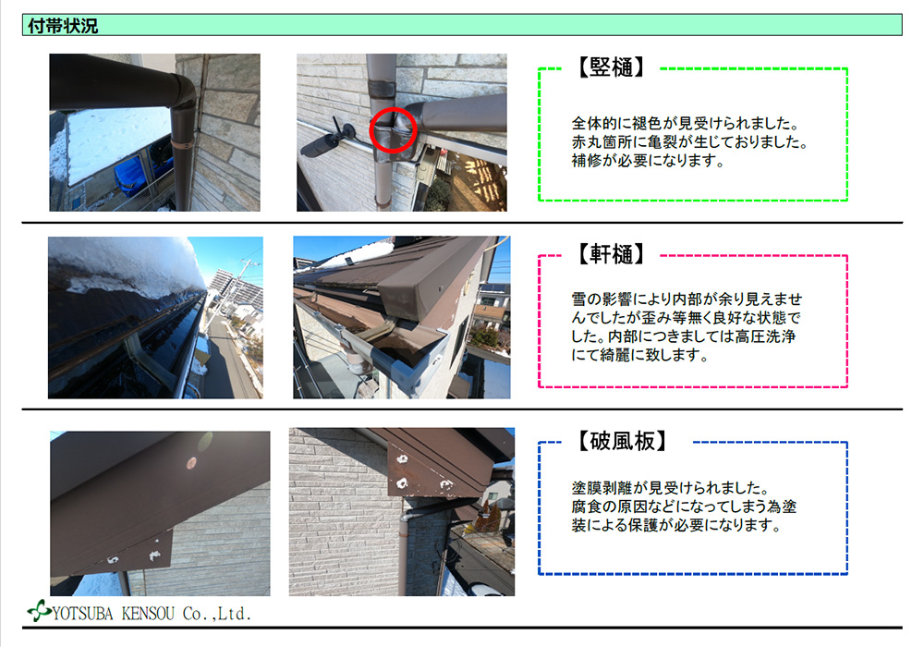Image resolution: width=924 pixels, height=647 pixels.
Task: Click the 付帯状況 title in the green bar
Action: [x=63, y=26]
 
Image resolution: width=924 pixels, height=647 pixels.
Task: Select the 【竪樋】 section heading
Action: [x=611, y=67]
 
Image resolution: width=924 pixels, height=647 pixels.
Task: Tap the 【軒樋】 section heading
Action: [x=611, y=254]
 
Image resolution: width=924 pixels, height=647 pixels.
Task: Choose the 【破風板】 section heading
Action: [x=622, y=441]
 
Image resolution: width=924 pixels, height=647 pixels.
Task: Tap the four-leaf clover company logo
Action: [x=39, y=610]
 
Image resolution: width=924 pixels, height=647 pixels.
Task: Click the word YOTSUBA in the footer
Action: [x=82, y=614]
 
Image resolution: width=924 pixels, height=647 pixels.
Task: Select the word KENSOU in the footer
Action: [x=148, y=614]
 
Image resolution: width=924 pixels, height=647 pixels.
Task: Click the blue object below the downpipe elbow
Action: [x=133, y=174]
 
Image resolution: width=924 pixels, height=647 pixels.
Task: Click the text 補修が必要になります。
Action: [x=648, y=160]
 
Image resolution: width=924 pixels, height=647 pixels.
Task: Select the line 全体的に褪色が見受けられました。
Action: [x=686, y=123]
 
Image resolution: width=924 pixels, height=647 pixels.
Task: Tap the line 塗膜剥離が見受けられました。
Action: [x=671, y=488]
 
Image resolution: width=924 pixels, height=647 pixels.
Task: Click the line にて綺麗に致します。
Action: [x=639, y=355]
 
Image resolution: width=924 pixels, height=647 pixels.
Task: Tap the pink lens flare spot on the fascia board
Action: [x=190, y=463]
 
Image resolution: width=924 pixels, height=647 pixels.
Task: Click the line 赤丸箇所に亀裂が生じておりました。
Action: [x=690, y=142]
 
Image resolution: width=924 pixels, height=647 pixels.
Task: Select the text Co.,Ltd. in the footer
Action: [x=217, y=614]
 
